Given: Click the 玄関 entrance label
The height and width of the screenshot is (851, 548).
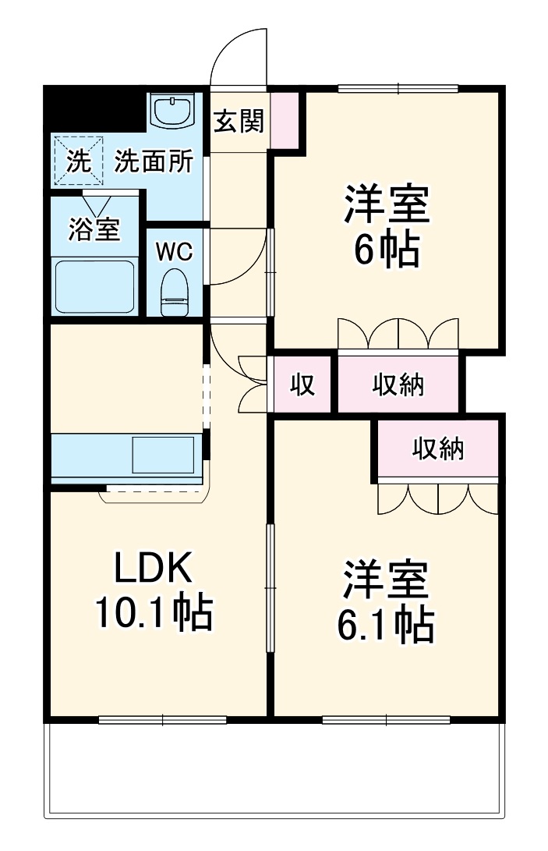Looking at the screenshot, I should tap(239, 121).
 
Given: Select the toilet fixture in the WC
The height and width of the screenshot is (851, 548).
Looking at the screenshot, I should tap(174, 292).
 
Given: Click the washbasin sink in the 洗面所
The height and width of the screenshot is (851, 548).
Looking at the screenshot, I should tap(173, 111).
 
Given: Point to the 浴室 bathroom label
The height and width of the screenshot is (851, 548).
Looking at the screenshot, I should tap(94, 229).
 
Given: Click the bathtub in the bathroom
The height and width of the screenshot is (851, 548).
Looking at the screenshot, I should tap(95, 284).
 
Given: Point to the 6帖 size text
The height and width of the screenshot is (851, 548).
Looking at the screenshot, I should tap(387, 250).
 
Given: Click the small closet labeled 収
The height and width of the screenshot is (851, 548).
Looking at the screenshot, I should tap(302, 384).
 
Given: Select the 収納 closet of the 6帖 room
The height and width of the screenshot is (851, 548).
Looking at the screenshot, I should tap(398, 384).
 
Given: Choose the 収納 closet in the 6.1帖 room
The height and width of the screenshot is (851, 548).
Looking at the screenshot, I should tap(438, 449).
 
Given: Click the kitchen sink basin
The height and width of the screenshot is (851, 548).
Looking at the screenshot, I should tap(163, 453).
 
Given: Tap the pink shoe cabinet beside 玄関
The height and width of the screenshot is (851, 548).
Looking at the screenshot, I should tap(285, 119).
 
